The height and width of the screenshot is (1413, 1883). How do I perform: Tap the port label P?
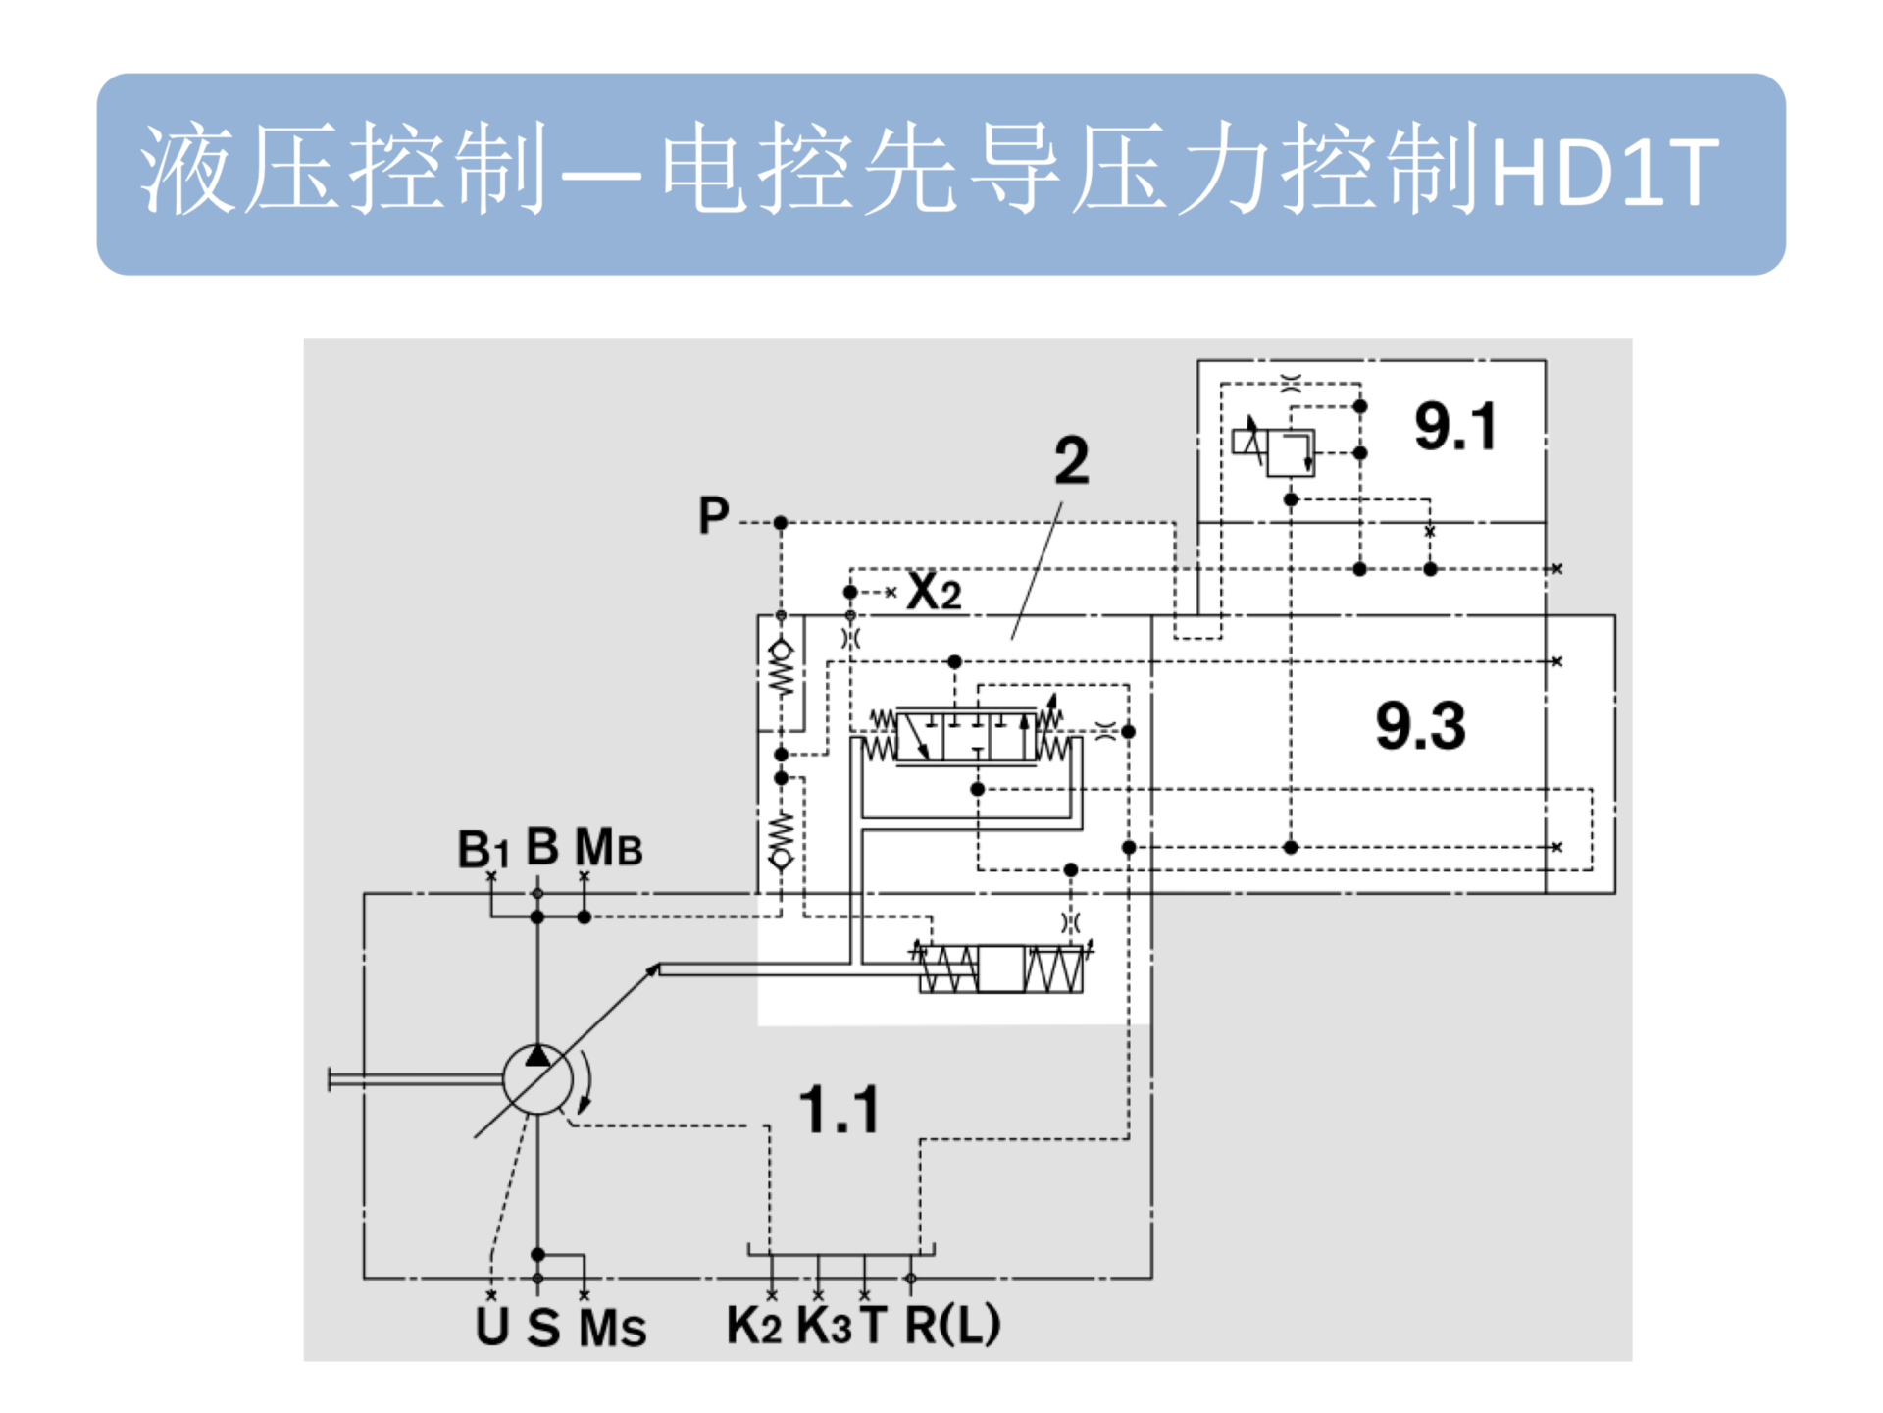[x=713, y=515]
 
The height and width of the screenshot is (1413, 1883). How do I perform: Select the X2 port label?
[x=934, y=591]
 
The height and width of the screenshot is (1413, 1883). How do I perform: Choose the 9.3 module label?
[x=1420, y=725]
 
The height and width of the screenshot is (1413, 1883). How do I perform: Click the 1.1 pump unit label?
[x=840, y=1110]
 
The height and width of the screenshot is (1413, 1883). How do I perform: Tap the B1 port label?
[x=483, y=849]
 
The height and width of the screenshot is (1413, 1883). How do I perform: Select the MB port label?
[x=608, y=847]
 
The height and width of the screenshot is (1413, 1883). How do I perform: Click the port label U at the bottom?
[x=491, y=1326]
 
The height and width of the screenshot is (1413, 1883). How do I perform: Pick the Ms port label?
[x=612, y=1328]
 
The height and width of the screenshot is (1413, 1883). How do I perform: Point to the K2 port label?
[x=753, y=1326]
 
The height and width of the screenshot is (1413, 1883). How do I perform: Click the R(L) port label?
[x=952, y=1325]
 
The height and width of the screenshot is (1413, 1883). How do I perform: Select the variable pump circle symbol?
[x=537, y=1079]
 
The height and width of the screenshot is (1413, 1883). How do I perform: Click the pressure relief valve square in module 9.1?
[x=1291, y=452]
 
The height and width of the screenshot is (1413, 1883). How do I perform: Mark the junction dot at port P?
[x=781, y=523]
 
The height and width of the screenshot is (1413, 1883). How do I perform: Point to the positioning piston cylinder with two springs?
[x=1001, y=969]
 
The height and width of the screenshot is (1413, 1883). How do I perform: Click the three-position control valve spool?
[x=967, y=736]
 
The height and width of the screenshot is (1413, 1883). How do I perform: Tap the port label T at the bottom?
[x=873, y=1326]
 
